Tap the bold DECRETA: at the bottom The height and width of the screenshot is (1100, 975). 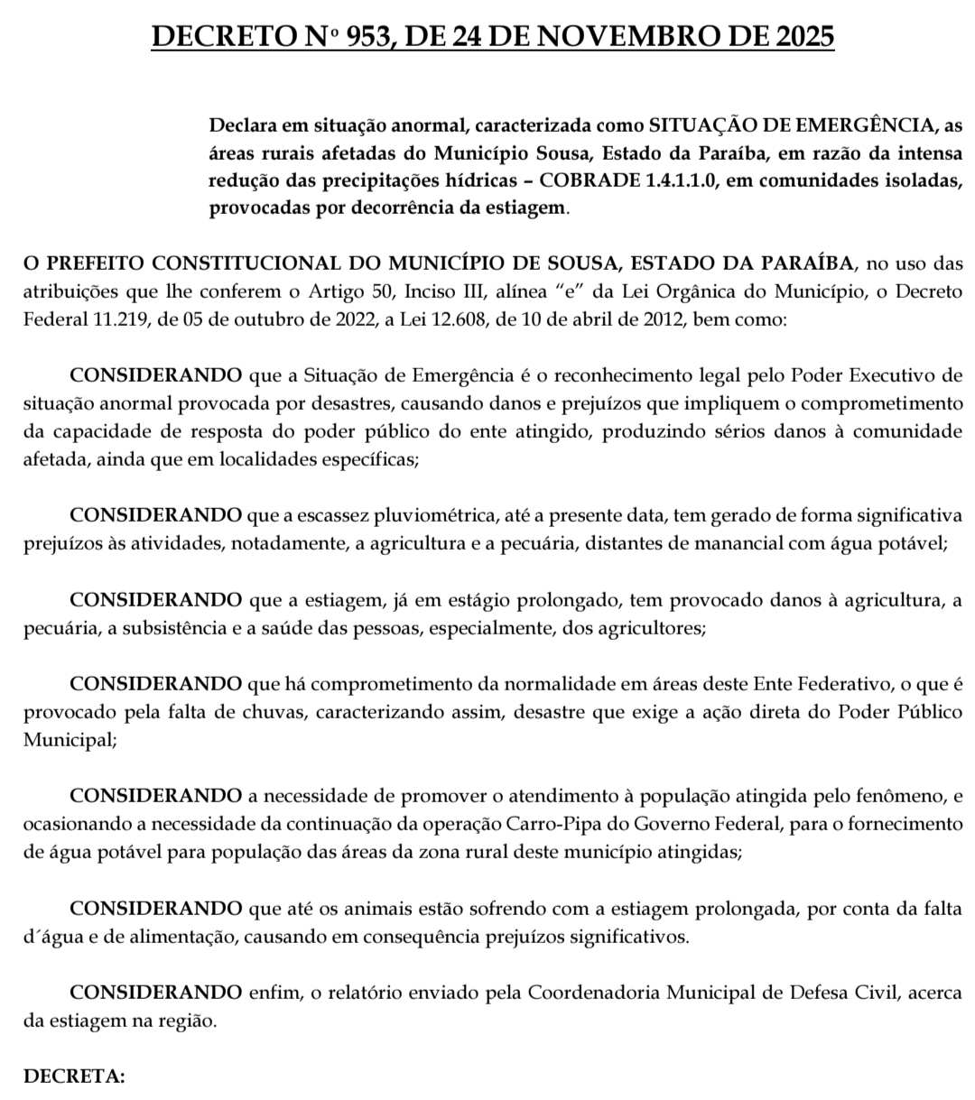point(74,1077)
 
